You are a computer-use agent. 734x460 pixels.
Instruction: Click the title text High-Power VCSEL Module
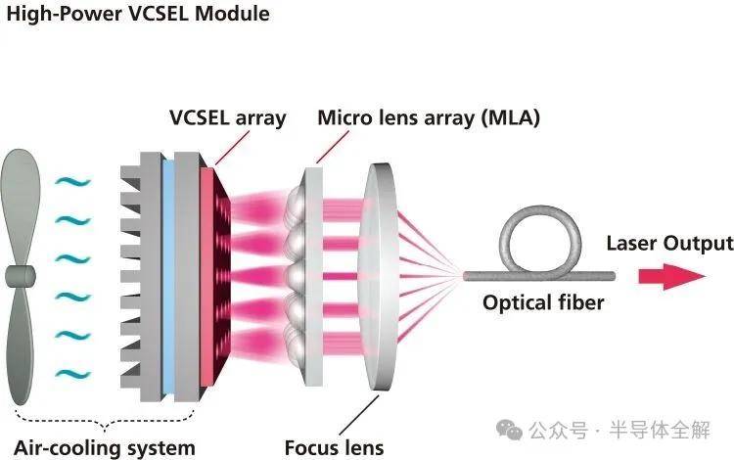137,15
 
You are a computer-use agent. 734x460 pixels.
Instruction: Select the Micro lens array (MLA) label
429,118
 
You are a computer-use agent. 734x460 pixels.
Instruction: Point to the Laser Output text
669,244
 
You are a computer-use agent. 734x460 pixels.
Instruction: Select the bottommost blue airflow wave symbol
71,373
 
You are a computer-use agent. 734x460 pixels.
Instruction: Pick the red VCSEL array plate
207,274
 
